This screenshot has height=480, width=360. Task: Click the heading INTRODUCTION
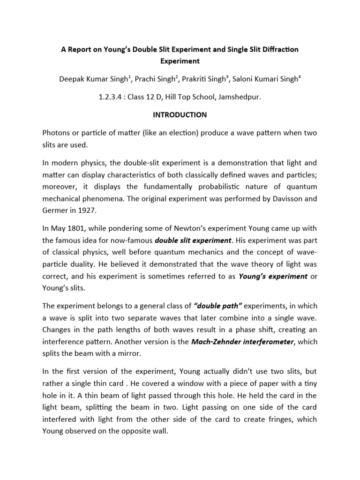point(180,114)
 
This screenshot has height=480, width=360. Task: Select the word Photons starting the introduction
point(58,133)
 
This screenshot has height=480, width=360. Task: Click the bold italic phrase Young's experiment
point(273,276)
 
